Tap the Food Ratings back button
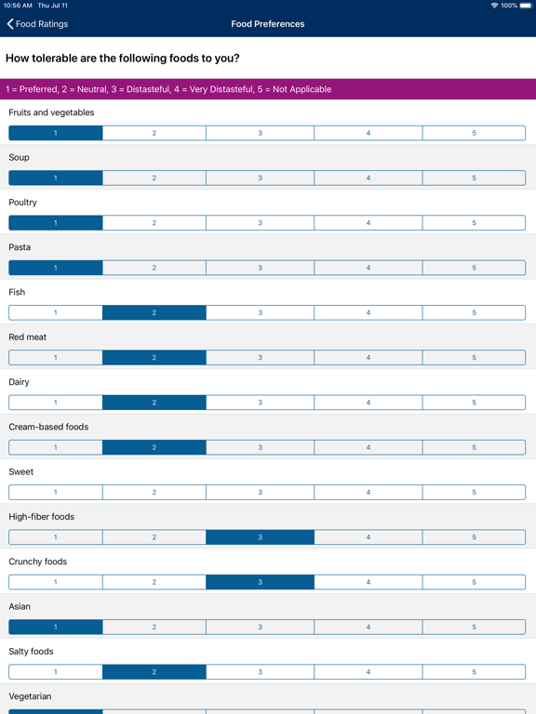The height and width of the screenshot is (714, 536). point(38,24)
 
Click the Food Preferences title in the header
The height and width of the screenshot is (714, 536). point(268,24)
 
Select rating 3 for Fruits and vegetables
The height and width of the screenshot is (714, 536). point(260,133)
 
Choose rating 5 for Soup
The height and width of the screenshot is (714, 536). point(474,178)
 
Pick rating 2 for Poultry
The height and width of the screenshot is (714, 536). point(154,223)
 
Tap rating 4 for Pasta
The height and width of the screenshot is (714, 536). point(368,268)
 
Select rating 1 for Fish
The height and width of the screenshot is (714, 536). point(56,312)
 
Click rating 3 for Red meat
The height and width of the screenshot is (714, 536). point(260,358)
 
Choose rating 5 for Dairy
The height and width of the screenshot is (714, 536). point(474,403)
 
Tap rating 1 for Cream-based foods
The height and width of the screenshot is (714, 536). point(56,447)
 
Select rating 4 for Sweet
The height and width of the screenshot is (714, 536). point(368,493)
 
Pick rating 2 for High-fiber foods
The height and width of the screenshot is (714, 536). point(154,537)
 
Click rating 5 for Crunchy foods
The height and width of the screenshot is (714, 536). point(474,582)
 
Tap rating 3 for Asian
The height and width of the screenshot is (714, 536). point(260,628)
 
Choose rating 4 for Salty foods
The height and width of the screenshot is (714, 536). point(368,672)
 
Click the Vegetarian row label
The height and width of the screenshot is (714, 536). point(31,696)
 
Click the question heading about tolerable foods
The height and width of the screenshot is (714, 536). point(123,59)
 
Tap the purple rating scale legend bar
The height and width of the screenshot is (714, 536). point(268,89)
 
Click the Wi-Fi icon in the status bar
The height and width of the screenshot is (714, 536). point(494,6)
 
